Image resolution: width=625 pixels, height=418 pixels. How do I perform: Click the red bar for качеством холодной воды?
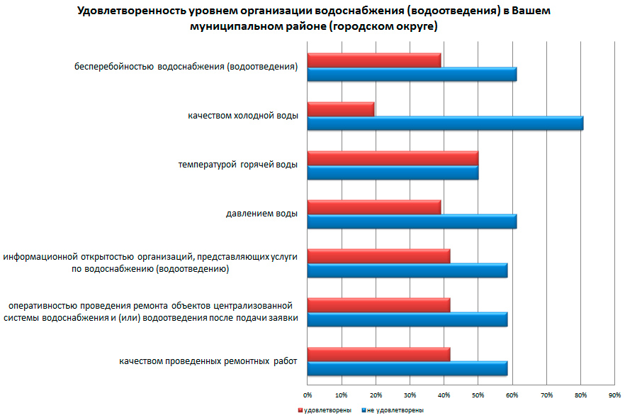pos(341,109)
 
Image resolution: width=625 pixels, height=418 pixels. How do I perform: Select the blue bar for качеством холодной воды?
pos(445,123)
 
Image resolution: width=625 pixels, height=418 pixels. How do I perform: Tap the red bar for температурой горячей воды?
pos(393,158)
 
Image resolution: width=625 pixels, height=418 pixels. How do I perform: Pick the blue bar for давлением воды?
pos(412,221)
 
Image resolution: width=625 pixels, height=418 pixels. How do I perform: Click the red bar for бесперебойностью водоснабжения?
pos(374,60)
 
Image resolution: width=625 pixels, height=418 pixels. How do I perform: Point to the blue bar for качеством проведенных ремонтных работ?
pos(407,368)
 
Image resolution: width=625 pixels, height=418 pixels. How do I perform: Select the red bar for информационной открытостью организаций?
pos(378,255)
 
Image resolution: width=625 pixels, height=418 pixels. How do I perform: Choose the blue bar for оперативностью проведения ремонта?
pos(407,319)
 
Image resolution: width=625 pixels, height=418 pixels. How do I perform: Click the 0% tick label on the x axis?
pos(308,394)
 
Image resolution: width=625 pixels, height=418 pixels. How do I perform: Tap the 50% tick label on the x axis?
pos(478,394)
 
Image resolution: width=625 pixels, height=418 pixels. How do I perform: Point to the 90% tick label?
pos(614,394)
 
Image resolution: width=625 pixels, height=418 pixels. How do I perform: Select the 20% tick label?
pos(376,394)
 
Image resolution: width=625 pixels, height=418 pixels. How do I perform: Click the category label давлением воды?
pos(261,213)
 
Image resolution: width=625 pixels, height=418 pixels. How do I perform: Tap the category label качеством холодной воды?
pos(243,115)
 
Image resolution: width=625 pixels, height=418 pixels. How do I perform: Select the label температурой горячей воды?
pos(237,164)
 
